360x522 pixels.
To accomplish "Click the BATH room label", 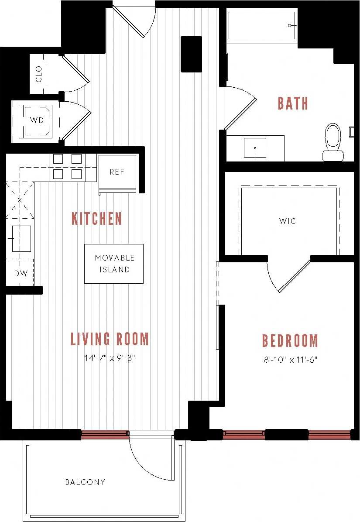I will click(x=293, y=103).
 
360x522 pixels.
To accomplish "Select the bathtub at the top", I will click(x=261, y=25).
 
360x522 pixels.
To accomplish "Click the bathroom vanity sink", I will click(x=255, y=148).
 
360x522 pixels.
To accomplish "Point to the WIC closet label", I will click(x=288, y=221).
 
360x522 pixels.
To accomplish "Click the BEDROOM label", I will click(x=290, y=340).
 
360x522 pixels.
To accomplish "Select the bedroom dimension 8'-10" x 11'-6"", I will click(x=290, y=360).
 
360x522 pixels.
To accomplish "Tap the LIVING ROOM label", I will click(x=110, y=339).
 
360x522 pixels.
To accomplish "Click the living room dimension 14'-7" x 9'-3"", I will click(x=110, y=359).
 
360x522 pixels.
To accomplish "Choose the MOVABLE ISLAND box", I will click(x=114, y=264).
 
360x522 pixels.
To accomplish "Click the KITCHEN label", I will click(x=96, y=218).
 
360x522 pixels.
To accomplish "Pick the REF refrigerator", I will click(x=117, y=172).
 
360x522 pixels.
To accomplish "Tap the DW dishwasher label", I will click(x=21, y=274).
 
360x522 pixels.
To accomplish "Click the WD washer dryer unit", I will click(x=37, y=120).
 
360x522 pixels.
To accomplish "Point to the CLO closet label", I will click(x=38, y=74).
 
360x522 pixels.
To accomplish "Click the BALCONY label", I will click(x=85, y=482).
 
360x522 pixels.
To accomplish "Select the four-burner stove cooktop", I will click(x=68, y=167).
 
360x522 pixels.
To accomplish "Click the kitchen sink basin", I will click(x=21, y=239).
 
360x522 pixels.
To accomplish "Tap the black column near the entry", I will click(x=191, y=54).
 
